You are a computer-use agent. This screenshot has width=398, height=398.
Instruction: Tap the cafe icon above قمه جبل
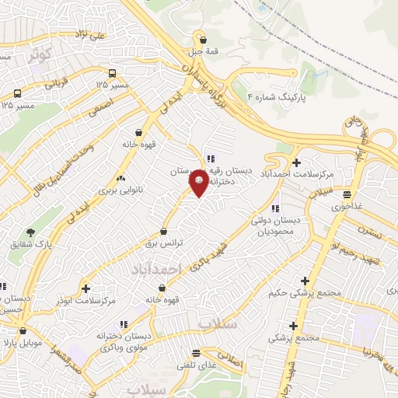(204, 40)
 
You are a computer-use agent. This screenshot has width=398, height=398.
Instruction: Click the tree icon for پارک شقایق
(30, 232)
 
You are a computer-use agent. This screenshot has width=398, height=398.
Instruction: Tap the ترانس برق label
(166, 243)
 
